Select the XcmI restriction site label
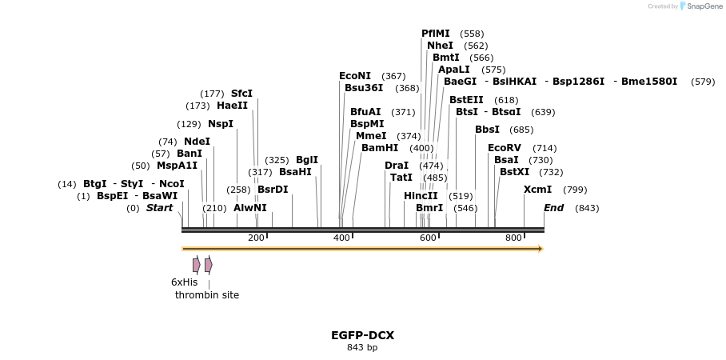537,190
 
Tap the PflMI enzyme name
436,34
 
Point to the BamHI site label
380,148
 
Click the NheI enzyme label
440,46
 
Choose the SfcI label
241,94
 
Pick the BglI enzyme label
307,160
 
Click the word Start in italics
159,208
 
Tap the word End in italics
553,208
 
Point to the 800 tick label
513,238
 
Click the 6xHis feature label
184,282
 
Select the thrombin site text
207,295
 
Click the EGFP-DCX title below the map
362,335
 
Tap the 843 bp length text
362,347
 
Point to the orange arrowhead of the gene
541,249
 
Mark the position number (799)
575,190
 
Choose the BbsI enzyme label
487,130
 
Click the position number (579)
703,82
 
